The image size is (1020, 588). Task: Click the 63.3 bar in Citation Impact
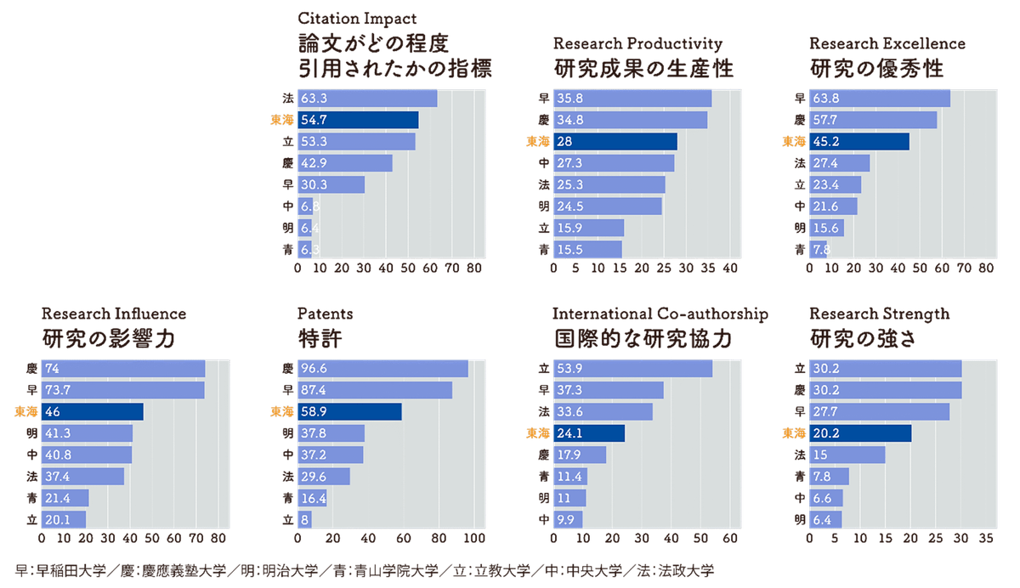click(x=366, y=99)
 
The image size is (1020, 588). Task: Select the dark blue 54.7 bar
click(x=357, y=121)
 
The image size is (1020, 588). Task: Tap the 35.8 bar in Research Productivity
click(x=632, y=99)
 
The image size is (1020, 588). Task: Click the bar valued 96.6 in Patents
click(x=382, y=369)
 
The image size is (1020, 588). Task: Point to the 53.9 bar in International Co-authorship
click(x=632, y=369)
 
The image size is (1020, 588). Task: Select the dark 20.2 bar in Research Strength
click(x=859, y=433)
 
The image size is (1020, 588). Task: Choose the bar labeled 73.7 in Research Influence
click(x=123, y=390)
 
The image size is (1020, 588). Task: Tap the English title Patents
click(x=326, y=314)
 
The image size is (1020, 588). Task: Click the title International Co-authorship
click(x=660, y=314)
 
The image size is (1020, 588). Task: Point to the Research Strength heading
click(x=879, y=314)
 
